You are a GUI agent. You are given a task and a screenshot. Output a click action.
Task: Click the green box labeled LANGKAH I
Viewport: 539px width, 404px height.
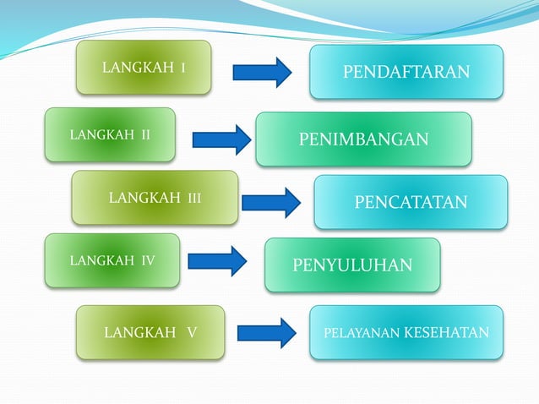coord(143,68)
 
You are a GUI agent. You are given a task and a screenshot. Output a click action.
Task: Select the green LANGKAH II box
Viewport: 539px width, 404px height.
coord(110,134)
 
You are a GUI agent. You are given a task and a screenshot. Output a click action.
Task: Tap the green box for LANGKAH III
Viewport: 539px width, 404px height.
coord(155,198)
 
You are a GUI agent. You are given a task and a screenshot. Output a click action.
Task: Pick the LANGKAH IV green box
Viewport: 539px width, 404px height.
coord(112,260)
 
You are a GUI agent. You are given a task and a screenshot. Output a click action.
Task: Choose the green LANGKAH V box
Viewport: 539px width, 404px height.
coord(150,332)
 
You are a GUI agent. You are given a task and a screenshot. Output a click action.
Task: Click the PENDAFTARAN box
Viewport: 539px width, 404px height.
coord(406,72)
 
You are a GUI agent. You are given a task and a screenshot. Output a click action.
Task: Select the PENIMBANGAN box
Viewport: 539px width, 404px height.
coord(363,139)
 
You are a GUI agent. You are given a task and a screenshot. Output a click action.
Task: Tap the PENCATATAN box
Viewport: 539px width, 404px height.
coord(411,202)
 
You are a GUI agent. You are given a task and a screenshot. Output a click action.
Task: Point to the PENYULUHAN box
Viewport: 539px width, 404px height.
coord(352,265)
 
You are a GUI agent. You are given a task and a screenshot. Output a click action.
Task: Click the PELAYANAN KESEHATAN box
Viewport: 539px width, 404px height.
coord(406,332)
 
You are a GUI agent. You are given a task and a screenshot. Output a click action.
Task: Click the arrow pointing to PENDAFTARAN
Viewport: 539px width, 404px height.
coord(262,72)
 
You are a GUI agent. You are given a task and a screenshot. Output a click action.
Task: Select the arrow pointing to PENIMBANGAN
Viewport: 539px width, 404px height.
coord(221,139)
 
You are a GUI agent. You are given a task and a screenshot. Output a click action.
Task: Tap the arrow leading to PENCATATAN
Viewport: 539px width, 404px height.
coord(271,203)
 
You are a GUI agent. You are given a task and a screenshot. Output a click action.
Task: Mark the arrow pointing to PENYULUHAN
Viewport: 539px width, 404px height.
coord(217,261)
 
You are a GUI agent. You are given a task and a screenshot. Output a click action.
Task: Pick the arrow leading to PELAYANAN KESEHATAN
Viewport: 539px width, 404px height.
coord(266,332)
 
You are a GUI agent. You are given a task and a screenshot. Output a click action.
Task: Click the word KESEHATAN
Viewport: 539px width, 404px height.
coord(446,332)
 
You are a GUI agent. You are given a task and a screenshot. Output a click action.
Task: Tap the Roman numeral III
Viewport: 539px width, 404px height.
coord(193,199)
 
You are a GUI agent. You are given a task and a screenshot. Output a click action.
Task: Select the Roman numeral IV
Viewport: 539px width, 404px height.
coord(147,260)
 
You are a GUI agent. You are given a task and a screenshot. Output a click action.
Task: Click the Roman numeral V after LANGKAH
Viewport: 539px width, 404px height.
coord(193,332)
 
